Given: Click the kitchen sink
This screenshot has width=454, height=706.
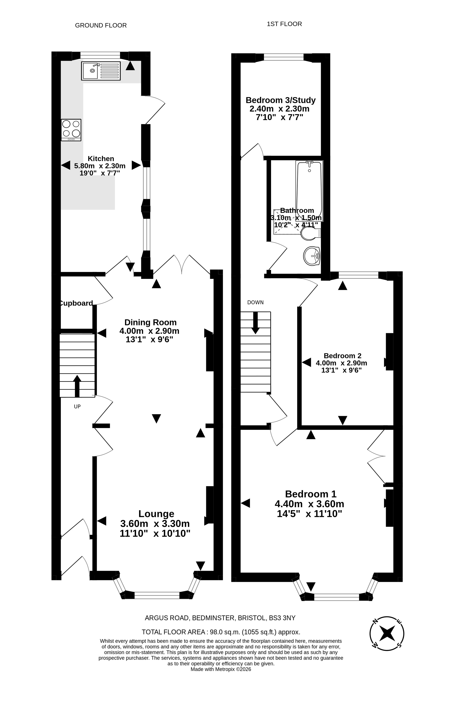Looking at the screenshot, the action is click(101, 71).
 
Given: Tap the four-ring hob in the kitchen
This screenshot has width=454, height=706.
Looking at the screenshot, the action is click(71, 130).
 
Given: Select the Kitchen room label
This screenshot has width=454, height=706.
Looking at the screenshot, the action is click(101, 158).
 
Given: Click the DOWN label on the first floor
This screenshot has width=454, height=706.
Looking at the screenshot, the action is click(255, 303).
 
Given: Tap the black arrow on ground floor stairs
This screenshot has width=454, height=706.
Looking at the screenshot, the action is click(77, 386).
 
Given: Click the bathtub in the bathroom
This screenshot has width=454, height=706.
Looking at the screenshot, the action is click(309, 191).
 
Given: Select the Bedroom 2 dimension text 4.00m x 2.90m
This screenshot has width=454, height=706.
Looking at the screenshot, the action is click(341, 363).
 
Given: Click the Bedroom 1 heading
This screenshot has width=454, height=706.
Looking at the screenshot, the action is click(311, 494).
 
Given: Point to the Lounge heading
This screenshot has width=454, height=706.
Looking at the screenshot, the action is click(156, 514).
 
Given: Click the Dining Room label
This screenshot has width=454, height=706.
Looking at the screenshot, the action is click(150, 322).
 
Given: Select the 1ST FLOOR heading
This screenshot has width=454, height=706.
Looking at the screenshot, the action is click(284, 24).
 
